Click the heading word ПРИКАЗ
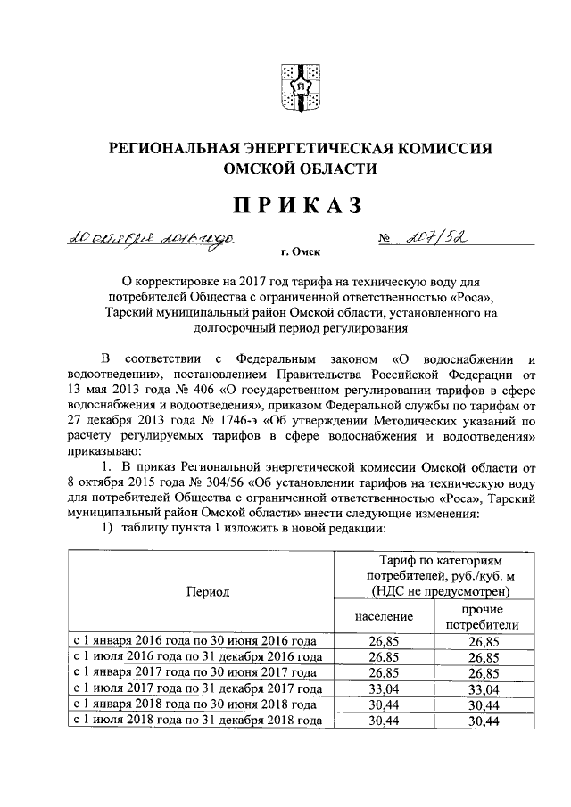[299, 205]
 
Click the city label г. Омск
[301, 252]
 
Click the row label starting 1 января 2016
[196, 640]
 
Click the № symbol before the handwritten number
[385, 239]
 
